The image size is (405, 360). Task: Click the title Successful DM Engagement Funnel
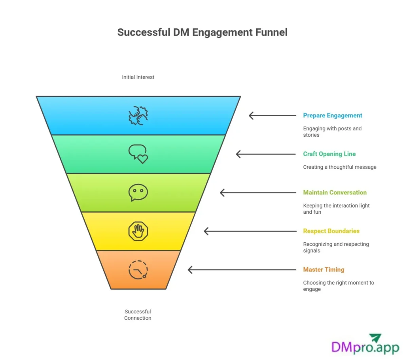[202, 32]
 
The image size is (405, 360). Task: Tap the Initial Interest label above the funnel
[138, 77]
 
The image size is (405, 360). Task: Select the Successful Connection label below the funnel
[138, 315]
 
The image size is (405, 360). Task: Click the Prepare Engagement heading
[333, 115]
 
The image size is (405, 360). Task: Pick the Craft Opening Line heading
[329, 154]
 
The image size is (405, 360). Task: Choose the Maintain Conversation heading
[335, 192]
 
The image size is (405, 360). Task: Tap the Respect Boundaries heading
[331, 231]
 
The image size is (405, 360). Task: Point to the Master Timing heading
[324, 270]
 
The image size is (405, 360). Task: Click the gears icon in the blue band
[138, 115]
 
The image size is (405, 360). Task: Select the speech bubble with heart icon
[138, 154]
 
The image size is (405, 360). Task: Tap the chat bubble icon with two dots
[138, 192]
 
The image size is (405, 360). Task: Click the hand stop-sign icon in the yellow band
[138, 231]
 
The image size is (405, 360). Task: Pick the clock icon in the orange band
[138, 270]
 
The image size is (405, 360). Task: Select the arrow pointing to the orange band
[242, 270]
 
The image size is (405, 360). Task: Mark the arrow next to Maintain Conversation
[258, 192]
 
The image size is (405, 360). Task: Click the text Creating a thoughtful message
[339, 167]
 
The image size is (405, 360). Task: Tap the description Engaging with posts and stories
[332, 132]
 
